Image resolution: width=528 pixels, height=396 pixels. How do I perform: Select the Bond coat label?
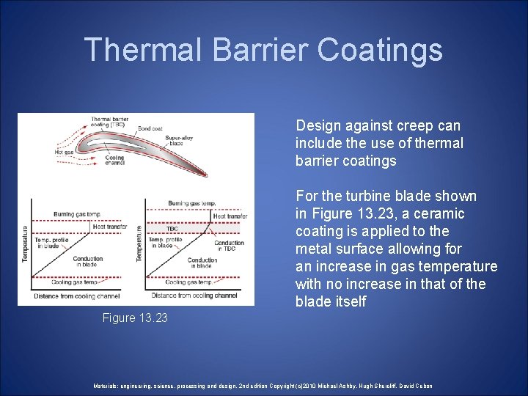tap(150, 128)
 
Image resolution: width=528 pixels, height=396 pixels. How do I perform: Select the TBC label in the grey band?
tap(172, 229)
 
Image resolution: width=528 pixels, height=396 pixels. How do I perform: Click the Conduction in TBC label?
tap(229, 246)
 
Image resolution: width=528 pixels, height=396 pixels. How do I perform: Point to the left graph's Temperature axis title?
tap(25, 243)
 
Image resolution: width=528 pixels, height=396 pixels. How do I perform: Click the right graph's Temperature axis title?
tap(139, 243)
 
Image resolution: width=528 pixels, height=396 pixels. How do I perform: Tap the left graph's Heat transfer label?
tap(109, 227)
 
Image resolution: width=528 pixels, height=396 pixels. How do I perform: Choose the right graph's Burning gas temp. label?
tap(191, 202)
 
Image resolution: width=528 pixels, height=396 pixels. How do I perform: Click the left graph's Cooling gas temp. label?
tap(74, 282)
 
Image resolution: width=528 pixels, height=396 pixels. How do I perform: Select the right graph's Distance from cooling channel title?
tap(196, 296)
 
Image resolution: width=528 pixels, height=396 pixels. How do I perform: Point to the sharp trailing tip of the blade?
tap(206, 175)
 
